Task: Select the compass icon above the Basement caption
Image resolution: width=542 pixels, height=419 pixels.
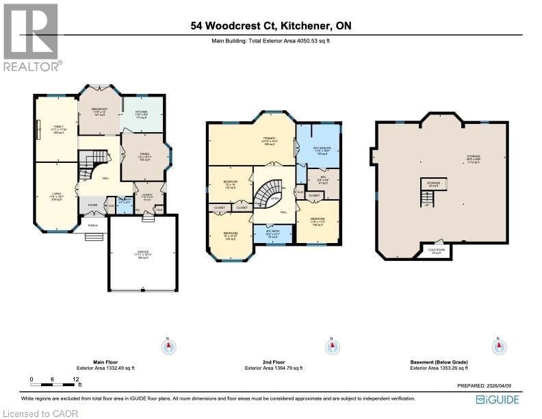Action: [x=498, y=346]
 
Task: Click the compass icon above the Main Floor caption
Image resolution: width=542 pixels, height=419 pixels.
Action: [x=169, y=346]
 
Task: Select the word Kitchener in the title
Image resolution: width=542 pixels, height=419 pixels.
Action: [x=307, y=26]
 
